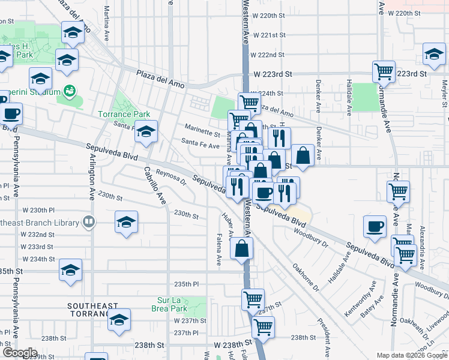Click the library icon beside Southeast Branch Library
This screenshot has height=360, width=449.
pyautogui.click(x=89, y=223)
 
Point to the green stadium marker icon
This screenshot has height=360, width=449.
pyautogui.click(x=70, y=92)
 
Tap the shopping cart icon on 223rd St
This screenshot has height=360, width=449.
pyautogui.click(x=384, y=71)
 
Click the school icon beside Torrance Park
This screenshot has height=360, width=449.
pyautogui.click(x=145, y=130)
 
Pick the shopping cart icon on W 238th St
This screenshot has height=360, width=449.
pyautogui.click(x=262, y=327)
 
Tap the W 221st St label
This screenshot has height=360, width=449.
pyautogui.click(x=268, y=35)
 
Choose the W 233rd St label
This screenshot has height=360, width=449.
pyautogui.click(x=37, y=247)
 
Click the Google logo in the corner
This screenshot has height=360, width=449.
pyautogui.click(x=19, y=353)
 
